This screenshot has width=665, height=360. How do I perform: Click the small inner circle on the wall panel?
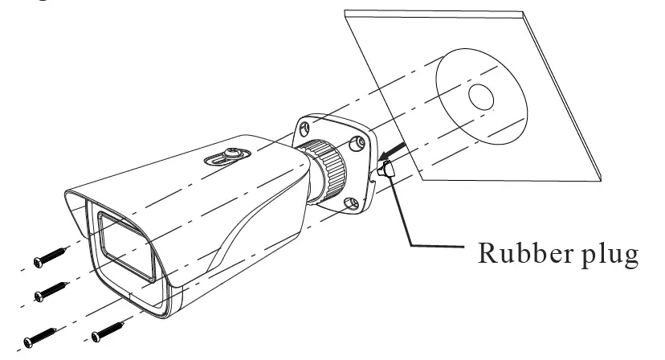point(480,97)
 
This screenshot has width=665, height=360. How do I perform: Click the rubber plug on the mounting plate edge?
point(383,170)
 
